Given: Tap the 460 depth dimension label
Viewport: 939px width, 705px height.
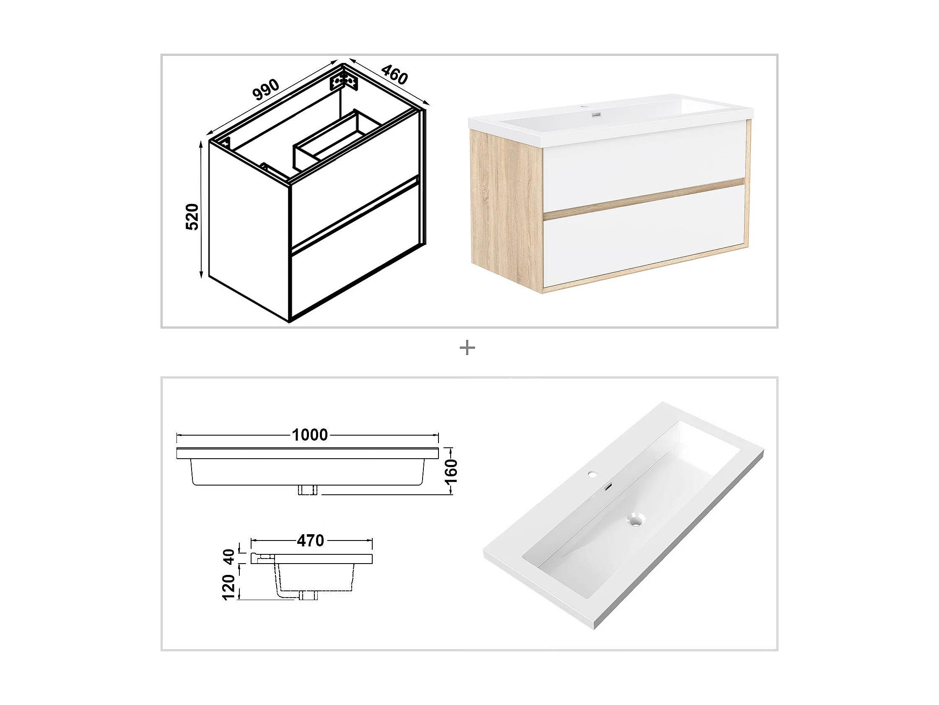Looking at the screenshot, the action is (x=394, y=74).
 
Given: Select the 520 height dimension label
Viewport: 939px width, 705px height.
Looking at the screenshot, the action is (x=192, y=217).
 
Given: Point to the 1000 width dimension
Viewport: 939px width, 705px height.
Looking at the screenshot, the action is (x=310, y=435).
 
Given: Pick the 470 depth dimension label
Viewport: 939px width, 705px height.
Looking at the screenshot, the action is (x=311, y=540).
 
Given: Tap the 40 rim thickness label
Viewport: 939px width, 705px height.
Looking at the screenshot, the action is (x=229, y=557).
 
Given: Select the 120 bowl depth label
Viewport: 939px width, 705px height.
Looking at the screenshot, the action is (x=229, y=587).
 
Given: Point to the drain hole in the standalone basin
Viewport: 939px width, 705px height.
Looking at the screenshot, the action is (x=636, y=519).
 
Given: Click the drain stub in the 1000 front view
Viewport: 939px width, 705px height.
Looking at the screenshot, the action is (x=308, y=490).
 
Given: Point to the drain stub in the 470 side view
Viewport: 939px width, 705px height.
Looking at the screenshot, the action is (x=308, y=595).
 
